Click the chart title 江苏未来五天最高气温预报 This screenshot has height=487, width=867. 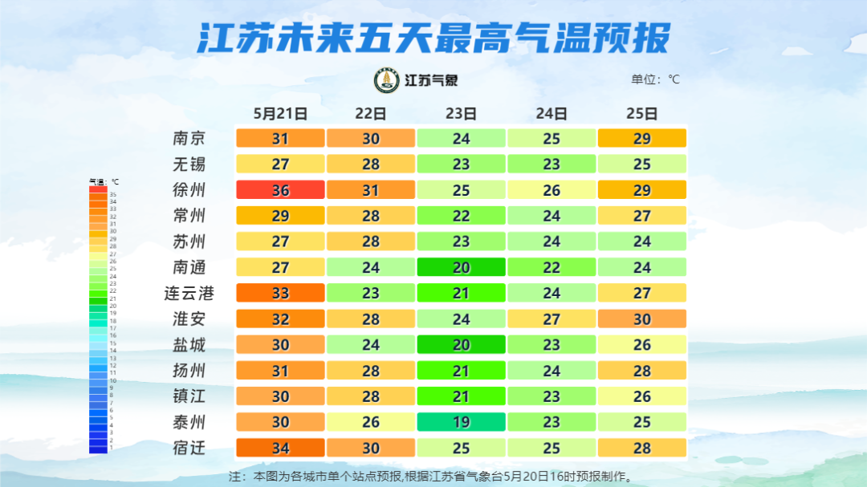click(433, 39)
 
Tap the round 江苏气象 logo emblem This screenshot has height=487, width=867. click(387, 80)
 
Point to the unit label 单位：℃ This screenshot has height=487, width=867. click(655, 79)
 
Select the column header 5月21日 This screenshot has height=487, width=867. click(280, 114)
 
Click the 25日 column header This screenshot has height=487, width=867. click(642, 114)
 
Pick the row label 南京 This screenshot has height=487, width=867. click(189, 139)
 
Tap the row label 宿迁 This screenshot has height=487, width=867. click(189, 448)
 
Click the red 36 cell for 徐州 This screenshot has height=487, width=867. click(280, 190)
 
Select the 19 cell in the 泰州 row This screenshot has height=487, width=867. click(461, 422)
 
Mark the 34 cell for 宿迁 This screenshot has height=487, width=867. click(280, 448)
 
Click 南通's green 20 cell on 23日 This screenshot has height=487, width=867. click(461, 267)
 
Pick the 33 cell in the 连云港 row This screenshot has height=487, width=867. click(280, 293)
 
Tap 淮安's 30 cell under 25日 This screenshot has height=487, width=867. click(642, 319)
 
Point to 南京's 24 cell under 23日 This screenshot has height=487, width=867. click(461, 139)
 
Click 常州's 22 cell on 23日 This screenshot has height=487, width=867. click(461, 216)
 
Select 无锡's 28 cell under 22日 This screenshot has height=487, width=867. click(371, 164)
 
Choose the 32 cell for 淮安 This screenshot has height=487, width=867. click(280, 319)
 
